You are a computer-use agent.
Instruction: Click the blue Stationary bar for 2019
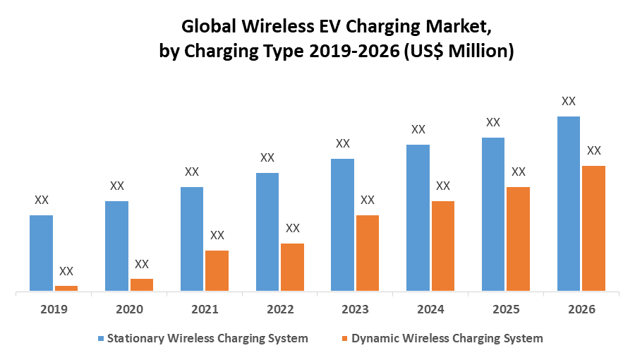pos(41,253)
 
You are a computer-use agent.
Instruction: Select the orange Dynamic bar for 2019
pos(66,288)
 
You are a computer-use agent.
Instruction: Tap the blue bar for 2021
pos(192,239)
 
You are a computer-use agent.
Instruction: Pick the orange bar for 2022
pos(292,267)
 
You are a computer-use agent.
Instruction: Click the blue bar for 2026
pos(569,203)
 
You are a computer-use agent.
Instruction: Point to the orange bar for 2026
pos(593,228)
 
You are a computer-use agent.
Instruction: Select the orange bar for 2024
pos(442,246)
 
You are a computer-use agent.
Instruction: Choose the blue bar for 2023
pos(343,224)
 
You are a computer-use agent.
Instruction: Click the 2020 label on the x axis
pos(129,309)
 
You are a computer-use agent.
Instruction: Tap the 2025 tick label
pos(506,309)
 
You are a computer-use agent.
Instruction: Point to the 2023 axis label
pos(355,309)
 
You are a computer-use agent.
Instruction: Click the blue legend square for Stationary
pos(101,338)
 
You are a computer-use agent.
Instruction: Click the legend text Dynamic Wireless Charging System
pos(447,338)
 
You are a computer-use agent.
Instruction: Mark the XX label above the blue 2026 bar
pos(569,101)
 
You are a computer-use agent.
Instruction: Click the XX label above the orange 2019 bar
pos(66,271)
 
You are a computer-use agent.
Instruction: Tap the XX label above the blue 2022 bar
pos(267,157)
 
